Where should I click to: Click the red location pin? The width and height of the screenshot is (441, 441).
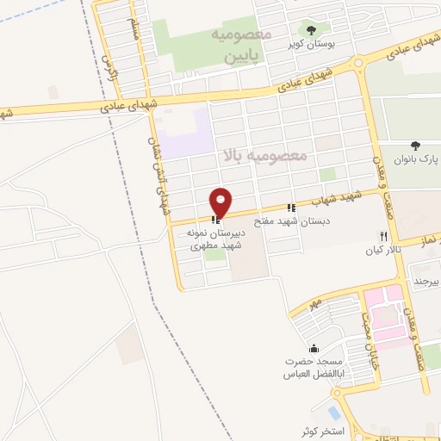[x=221, y=202]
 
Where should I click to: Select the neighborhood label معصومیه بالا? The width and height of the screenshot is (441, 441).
[x=264, y=156]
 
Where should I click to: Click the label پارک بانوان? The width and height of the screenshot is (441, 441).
[x=417, y=160]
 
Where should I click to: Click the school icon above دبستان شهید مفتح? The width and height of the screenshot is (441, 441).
[x=292, y=208]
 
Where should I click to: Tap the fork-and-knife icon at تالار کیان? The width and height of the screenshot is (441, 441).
[x=383, y=236]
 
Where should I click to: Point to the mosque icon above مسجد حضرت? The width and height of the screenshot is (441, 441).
[x=312, y=349]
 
